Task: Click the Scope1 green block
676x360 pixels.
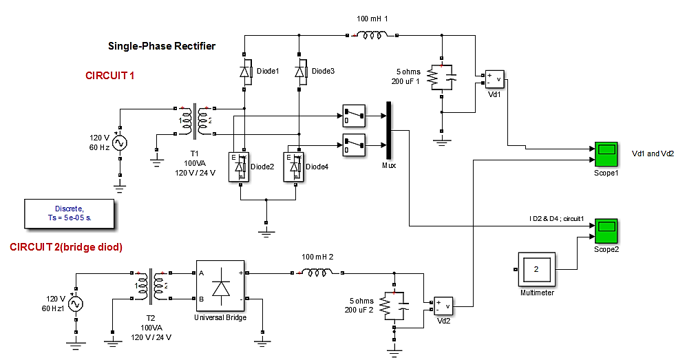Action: click(606, 153)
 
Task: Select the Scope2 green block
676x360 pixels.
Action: click(606, 231)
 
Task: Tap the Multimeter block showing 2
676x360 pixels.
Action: click(536, 268)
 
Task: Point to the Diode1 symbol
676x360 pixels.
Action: click(245, 70)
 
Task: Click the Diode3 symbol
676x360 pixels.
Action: click(299, 70)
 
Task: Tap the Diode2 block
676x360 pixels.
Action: click(239, 167)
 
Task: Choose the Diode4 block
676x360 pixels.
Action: click(293, 167)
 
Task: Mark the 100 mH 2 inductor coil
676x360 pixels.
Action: click(317, 273)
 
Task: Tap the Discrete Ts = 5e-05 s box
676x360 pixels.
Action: click(68, 211)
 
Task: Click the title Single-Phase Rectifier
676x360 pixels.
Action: click(162, 46)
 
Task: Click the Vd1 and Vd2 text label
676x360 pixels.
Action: click(653, 153)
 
